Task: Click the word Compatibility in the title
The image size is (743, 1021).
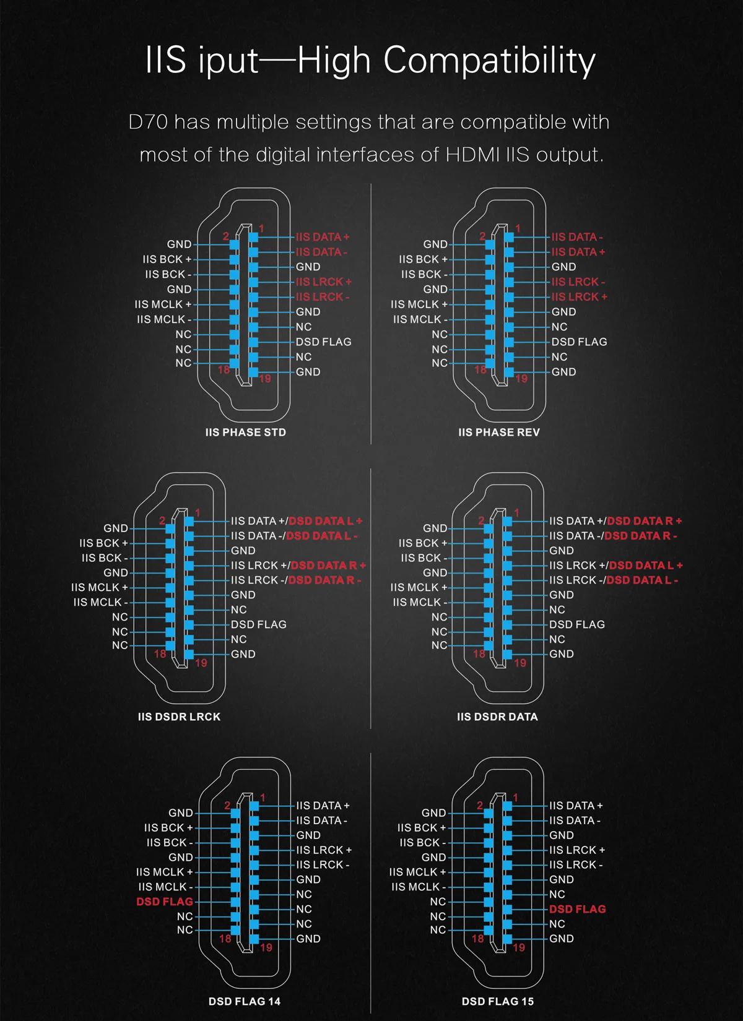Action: (x=489, y=61)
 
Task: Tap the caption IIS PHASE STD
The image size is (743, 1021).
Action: (x=245, y=432)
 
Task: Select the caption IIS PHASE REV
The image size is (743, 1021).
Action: (x=499, y=432)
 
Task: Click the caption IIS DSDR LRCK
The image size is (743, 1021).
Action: (x=179, y=717)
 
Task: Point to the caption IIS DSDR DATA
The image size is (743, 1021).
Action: (x=497, y=717)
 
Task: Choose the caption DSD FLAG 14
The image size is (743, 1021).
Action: (x=245, y=1001)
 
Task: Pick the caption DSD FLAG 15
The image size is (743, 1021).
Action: (x=498, y=1001)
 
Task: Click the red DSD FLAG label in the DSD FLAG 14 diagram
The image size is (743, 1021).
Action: (x=165, y=901)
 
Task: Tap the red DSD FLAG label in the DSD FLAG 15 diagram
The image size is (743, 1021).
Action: (x=578, y=909)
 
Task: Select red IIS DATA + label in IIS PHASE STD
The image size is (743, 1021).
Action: (x=323, y=237)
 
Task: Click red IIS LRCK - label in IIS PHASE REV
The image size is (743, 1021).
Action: (x=578, y=282)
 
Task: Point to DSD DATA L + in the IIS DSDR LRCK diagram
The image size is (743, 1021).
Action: (x=326, y=520)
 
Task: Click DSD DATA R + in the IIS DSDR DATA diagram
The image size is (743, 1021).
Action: (x=644, y=520)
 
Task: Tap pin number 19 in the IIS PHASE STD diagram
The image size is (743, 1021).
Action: (x=265, y=378)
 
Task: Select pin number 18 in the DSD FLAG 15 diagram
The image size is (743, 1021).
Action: (x=477, y=938)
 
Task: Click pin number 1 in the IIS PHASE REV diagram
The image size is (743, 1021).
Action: (x=518, y=228)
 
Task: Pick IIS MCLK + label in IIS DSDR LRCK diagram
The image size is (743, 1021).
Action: (x=100, y=587)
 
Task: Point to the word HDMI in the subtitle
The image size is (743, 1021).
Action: (x=472, y=155)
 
